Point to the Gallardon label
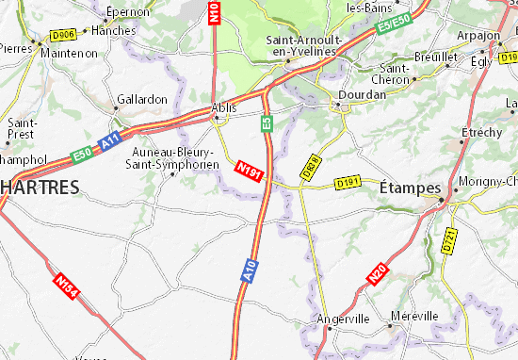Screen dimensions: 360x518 (x=140, y=99)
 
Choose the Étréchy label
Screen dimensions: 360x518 (x=482, y=132)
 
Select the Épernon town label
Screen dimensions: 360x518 (x=128, y=11)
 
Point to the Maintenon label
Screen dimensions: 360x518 (x=69, y=54)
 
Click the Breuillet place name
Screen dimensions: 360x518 (x=434, y=57)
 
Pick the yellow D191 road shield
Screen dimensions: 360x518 (x=348, y=182)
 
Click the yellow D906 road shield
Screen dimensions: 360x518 (x=63, y=36)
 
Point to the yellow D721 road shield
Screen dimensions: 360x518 (x=449, y=239)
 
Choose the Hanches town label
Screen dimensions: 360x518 (x=114, y=30)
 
